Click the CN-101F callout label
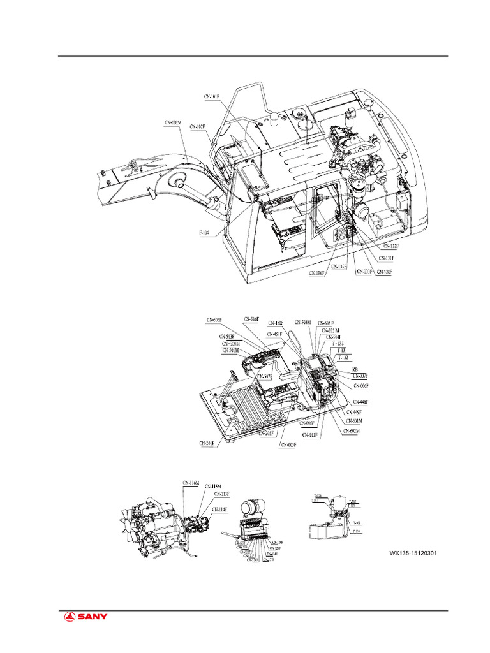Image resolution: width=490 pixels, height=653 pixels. coord(211,97)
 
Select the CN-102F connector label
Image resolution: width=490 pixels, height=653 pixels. coord(197,127)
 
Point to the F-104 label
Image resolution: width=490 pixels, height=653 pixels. coord(204,233)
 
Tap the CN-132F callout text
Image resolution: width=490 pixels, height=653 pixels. coord(391,246)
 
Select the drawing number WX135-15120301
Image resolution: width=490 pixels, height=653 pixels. coord(413,553)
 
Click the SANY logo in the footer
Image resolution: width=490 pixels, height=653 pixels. coord(85,616)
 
